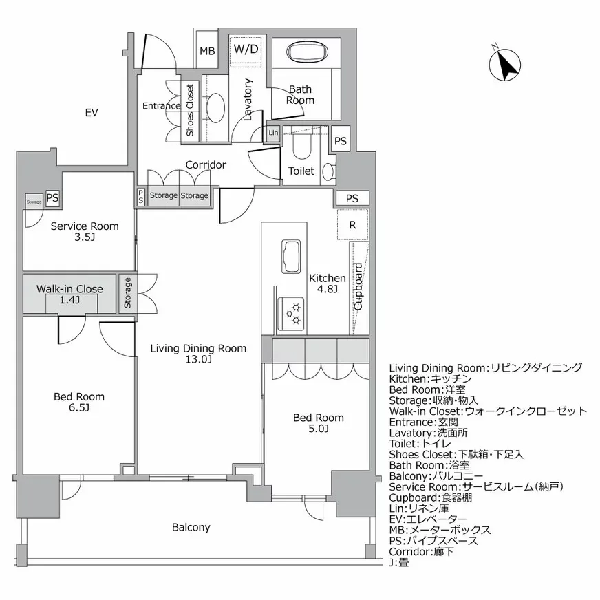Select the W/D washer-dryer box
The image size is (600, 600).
[246, 49]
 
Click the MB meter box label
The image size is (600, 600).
[207, 52]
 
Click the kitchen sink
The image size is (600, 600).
[291, 258]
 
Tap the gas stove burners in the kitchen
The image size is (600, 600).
[291, 312]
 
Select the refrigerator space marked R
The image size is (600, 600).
[352, 225]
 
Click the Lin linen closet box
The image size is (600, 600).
[273, 133]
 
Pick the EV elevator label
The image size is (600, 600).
[92, 112]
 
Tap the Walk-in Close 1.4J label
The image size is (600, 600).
[69, 294]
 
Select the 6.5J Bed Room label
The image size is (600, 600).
[79, 402]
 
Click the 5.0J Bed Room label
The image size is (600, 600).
[318, 423]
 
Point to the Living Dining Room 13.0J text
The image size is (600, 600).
[198, 354]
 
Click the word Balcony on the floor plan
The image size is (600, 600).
[191, 527]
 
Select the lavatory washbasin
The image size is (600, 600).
[216, 107]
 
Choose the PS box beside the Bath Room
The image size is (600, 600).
[340, 140]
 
